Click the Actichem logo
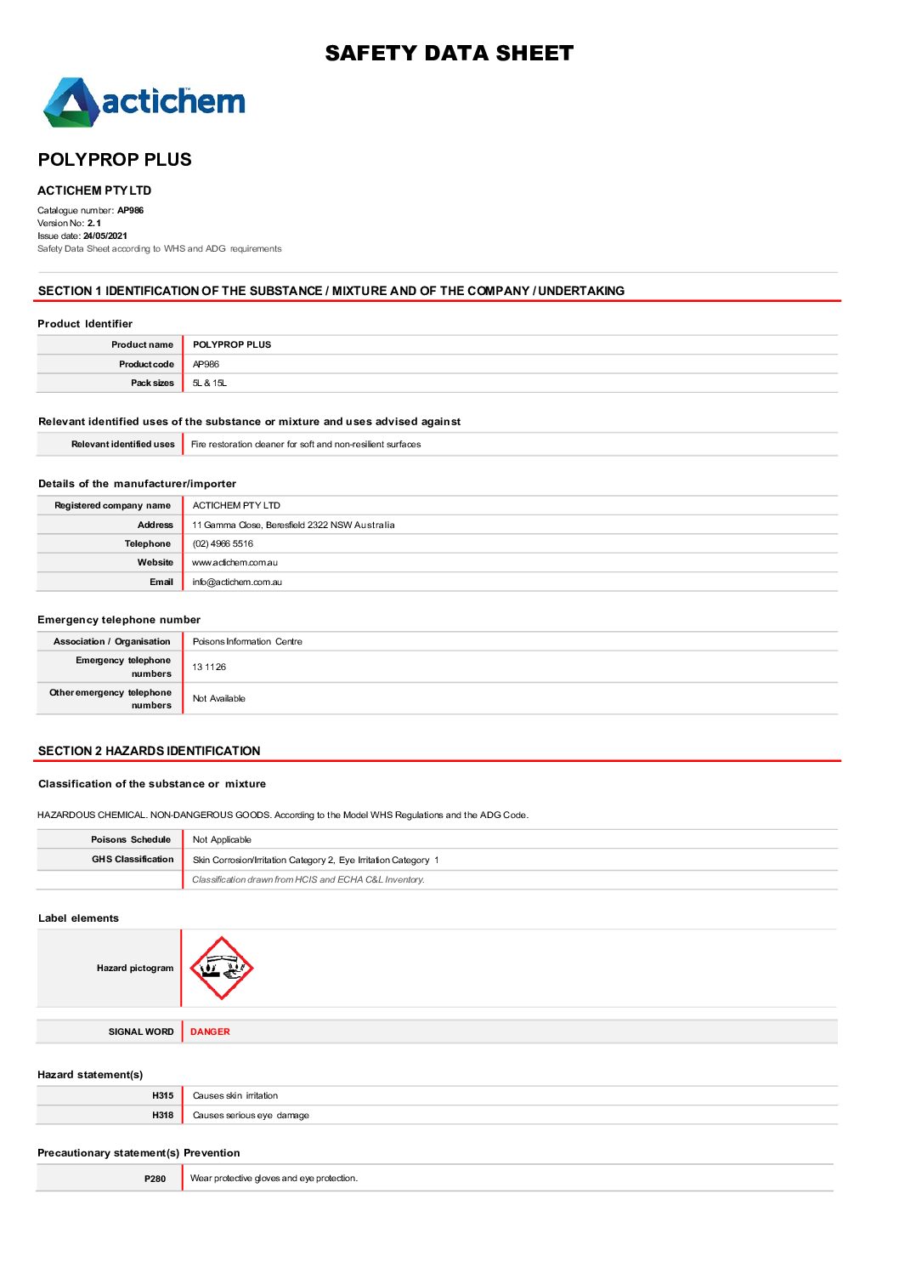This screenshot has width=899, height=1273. [x=144, y=103]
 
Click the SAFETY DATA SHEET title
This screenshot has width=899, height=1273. [x=449, y=54]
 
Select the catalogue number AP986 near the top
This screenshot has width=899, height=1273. [x=130, y=211]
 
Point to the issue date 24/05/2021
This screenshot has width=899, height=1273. [x=105, y=236]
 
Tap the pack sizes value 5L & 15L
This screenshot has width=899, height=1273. [x=209, y=384]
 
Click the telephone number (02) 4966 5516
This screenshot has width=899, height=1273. [x=223, y=544]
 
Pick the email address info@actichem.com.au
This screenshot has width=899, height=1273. [x=237, y=583]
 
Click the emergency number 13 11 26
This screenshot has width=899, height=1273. [x=209, y=668]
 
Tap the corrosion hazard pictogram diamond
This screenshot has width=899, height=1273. [x=221, y=969]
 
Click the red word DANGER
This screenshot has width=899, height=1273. [x=210, y=1032]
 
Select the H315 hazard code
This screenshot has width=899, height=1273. [x=163, y=1096]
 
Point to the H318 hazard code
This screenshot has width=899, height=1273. [x=163, y=1116]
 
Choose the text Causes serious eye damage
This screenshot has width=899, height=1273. [x=251, y=1116]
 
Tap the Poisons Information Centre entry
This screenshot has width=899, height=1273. [x=247, y=642]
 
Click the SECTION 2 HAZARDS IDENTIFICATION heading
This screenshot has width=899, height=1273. [x=149, y=751]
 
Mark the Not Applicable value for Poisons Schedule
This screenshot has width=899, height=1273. [x=222, y=840]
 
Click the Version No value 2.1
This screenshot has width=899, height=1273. [x=94, y=224]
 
